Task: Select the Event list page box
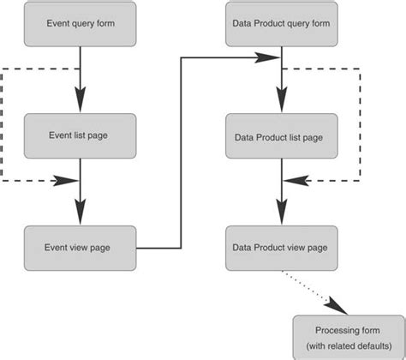coord(80,135)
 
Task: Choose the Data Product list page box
coord(280,135)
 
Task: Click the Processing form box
coord(345,337)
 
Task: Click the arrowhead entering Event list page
coord(80,103)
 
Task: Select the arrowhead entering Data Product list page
coord(280,104)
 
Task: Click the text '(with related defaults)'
coord(345,346)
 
